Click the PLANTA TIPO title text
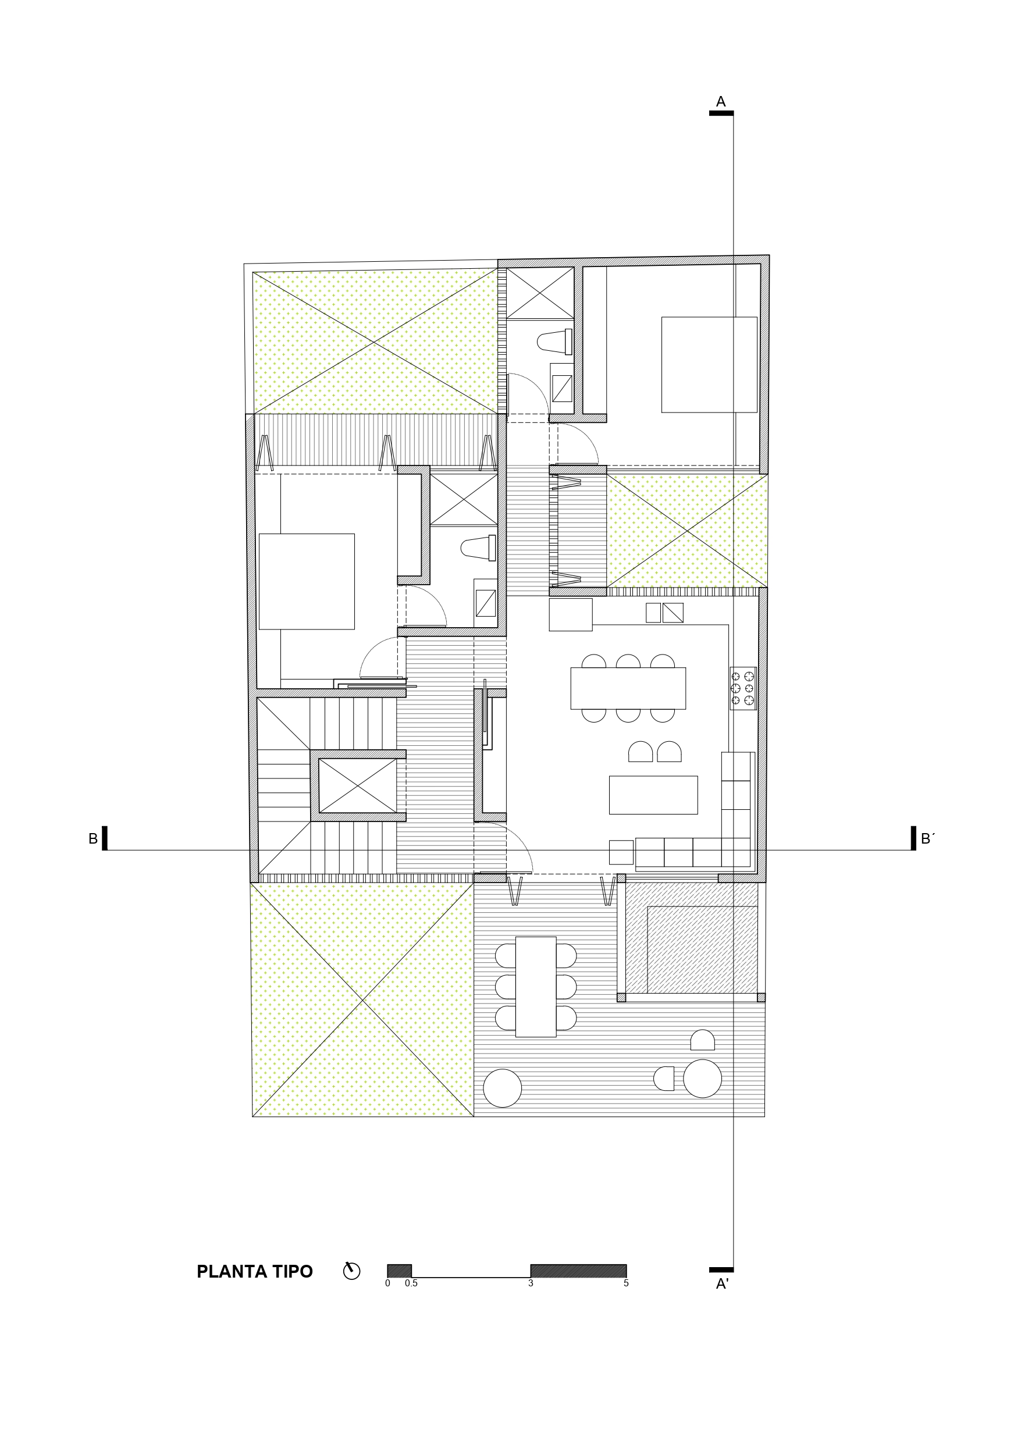[x=254, y=1272]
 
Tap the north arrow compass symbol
[x=351, y=1271]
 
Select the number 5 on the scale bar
[x=626, y=1283]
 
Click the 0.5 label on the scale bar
[x=411, y=1283]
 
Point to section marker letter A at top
[x=721, y=102]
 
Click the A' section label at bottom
[x=722, y=1284]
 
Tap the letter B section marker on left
[x=93, y=839]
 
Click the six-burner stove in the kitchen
[x=742, y=689]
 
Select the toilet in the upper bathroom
[x=555, y=342]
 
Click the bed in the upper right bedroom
[x=709, y=365]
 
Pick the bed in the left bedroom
[x=307, y=581]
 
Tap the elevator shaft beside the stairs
[x=357, y=786]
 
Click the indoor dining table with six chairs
[x=628, y=688]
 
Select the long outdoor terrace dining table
[x=535, y=987]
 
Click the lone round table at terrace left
[x=502, y=1088]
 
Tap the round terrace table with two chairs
[x=702, y=1079]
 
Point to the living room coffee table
[x=653, y=795]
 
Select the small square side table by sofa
[x=621, y=852]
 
